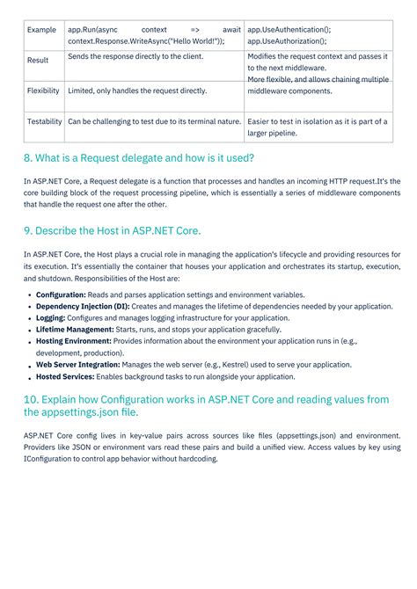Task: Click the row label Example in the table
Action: (x=41, y=30)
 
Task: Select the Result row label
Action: (x=38, y=61)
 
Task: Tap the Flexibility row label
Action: (x=43, y=91)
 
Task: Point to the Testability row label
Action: (x=44, y=121)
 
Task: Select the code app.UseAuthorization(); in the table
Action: (x=287, y=40)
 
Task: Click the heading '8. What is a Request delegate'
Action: (x=139, y=158)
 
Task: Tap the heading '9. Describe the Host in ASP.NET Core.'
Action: (x=113, y=230)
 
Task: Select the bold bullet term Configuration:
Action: (x=61, y=294)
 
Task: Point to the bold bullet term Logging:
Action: (x=51, y=317)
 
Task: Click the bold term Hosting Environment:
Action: (x=73, y=340)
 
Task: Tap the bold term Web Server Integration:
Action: (x=77, y=364)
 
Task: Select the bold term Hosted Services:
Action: (x=66, y=375)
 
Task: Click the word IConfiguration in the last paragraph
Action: (x=51, y=459)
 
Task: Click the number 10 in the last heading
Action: (x=31, y=399)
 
